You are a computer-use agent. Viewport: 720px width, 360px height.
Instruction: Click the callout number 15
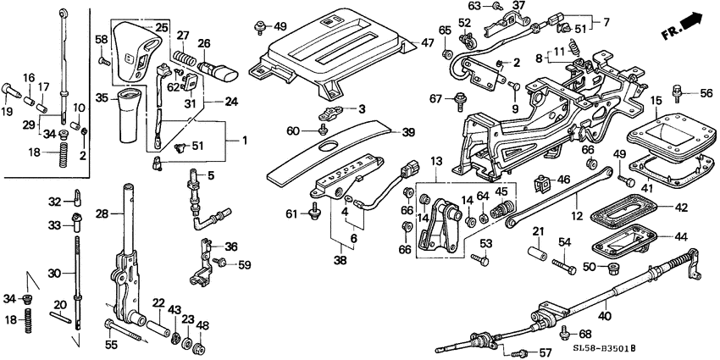point(656,102)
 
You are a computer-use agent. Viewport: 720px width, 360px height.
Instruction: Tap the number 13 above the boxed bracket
point(436,161)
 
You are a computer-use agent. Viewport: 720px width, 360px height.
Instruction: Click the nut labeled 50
point(606,269)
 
